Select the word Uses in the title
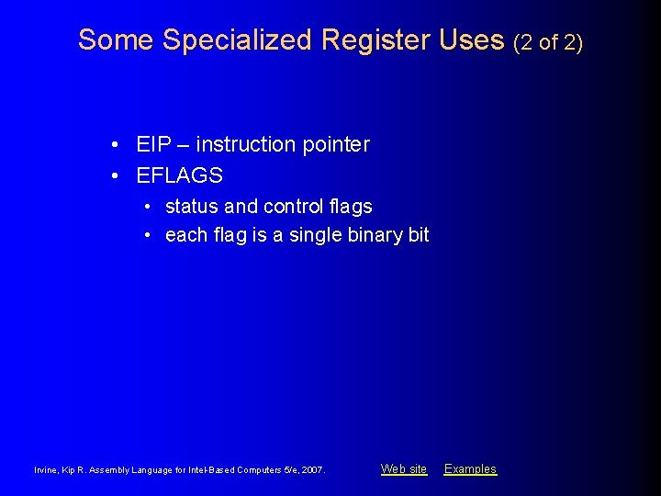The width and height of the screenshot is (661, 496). [472, 40]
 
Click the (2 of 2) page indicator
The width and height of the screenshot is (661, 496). [548, 42]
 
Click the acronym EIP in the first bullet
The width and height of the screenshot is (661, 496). [152, 145]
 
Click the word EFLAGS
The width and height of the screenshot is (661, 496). [179, 175]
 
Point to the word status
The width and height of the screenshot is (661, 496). [192, 207]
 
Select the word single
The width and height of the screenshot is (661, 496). [316, 235]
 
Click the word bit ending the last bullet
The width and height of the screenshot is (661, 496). [419, 235]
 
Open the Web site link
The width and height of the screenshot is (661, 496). [404, 469]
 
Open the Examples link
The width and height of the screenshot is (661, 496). [470, 469]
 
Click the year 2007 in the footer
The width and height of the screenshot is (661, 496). [313, 470]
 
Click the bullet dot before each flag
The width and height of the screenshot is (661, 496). [147, 235]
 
